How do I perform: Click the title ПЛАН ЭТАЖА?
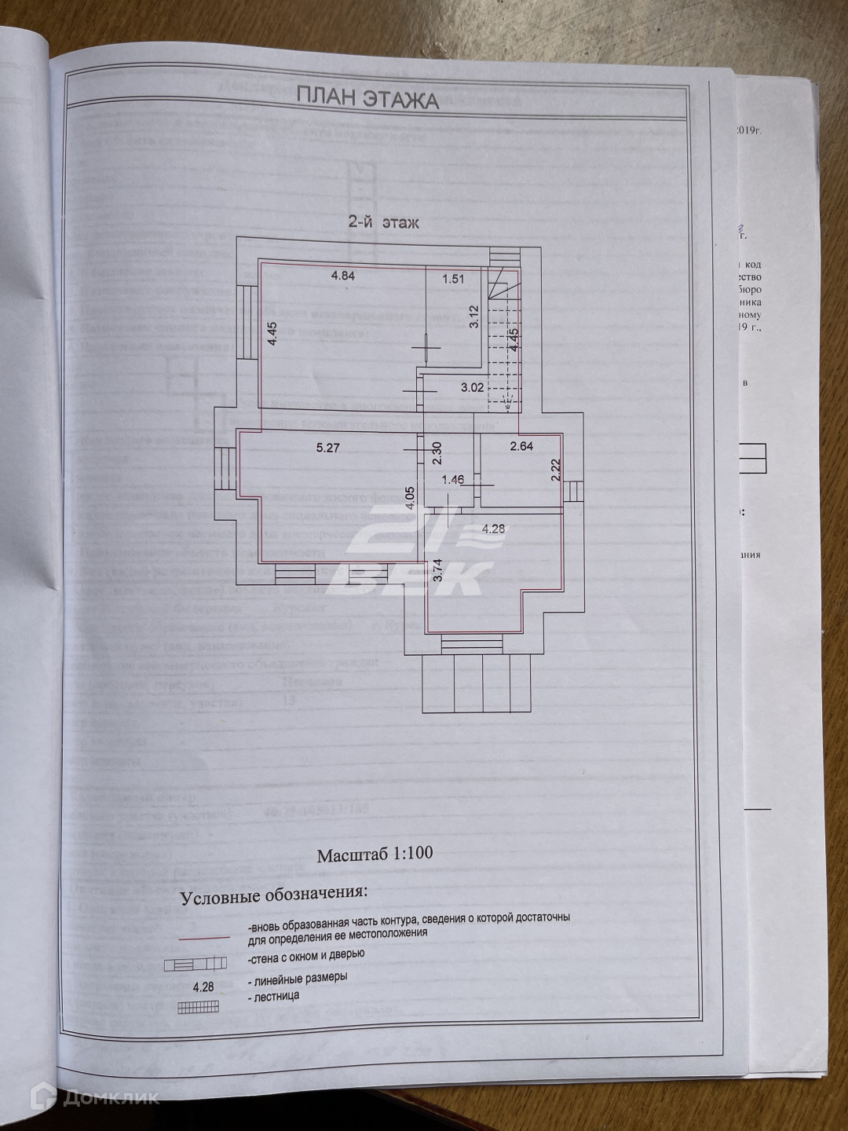(367, 98)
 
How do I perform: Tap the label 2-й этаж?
(383, 222)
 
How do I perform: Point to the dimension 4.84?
(343, 275)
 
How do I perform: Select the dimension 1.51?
(453, 277)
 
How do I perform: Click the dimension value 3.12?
(473, 316)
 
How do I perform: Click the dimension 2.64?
(521, 447)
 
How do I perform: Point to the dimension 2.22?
(555, 470)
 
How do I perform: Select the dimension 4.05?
(410, 500)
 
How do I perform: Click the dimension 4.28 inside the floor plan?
(493, 529)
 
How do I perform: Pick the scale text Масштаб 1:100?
(375, 855)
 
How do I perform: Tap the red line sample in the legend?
(202, 938)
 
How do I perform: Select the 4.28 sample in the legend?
(202, 986)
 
